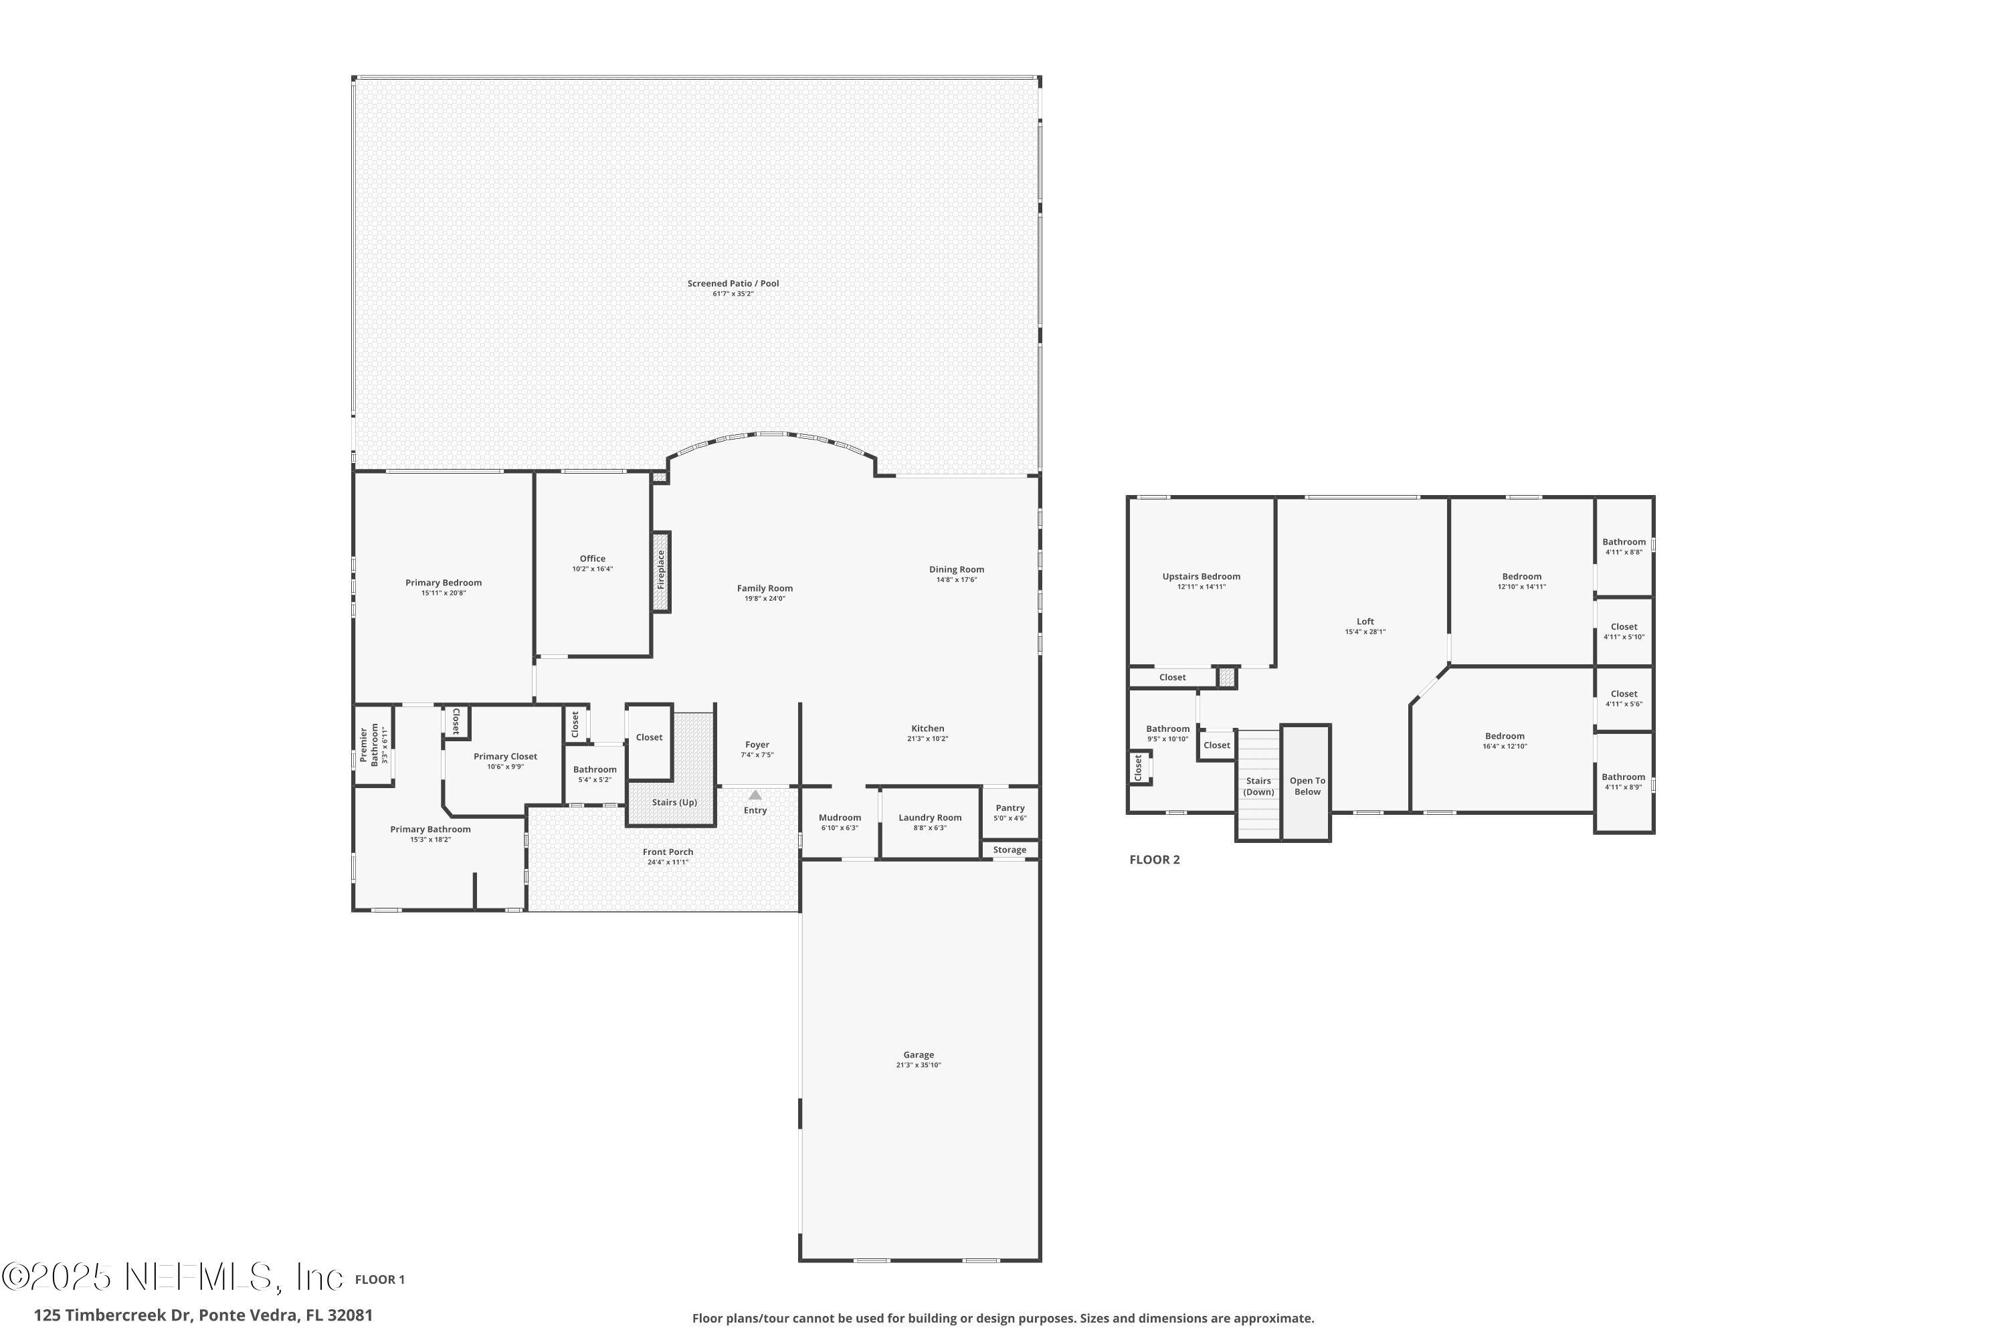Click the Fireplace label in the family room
tap(660, 570)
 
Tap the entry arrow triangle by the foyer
tap(755, 795)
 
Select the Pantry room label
tap(1010, 808)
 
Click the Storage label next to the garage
tap(1010, 850)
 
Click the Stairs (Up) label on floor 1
tap(674, 803)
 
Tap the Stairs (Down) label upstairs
tap(1258, 787)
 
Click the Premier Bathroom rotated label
tap(369, 744)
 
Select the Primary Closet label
tap(505, 757)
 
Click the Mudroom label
tap(840, 818)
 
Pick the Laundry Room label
tap(929, 818)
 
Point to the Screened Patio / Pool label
tap(733, 283)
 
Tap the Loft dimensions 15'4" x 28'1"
tap(1365, 632)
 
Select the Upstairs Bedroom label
tap(1201, 577)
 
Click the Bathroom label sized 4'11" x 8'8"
tap(1623, 542)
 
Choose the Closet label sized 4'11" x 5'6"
tap(1623, 694)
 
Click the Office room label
tap(592, 559)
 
